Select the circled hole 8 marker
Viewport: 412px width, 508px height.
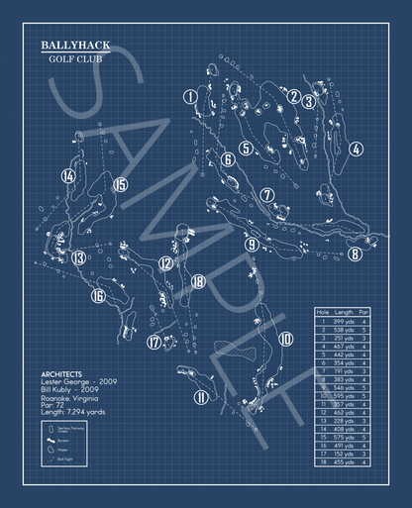355,254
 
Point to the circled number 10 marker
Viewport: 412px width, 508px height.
286,339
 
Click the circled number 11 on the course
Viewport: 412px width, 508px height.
201,398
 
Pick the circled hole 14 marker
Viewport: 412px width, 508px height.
67,176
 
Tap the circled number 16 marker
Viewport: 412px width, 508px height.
98,295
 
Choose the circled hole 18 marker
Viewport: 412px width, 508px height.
199,281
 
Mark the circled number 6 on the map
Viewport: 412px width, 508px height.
228,159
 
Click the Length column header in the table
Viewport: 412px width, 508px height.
344,312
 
